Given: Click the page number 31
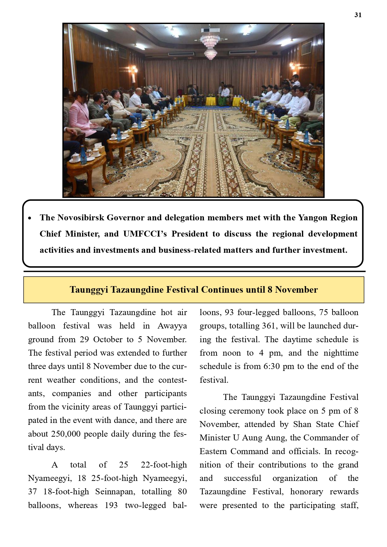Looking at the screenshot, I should [358, 15].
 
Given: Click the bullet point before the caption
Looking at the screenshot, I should [30, 218].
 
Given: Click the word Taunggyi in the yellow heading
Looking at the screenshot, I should [89, 290].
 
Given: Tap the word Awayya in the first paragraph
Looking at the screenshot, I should [172, 326].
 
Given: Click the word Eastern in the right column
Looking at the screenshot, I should [213, 451].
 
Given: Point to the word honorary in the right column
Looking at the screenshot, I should [307, 492].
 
